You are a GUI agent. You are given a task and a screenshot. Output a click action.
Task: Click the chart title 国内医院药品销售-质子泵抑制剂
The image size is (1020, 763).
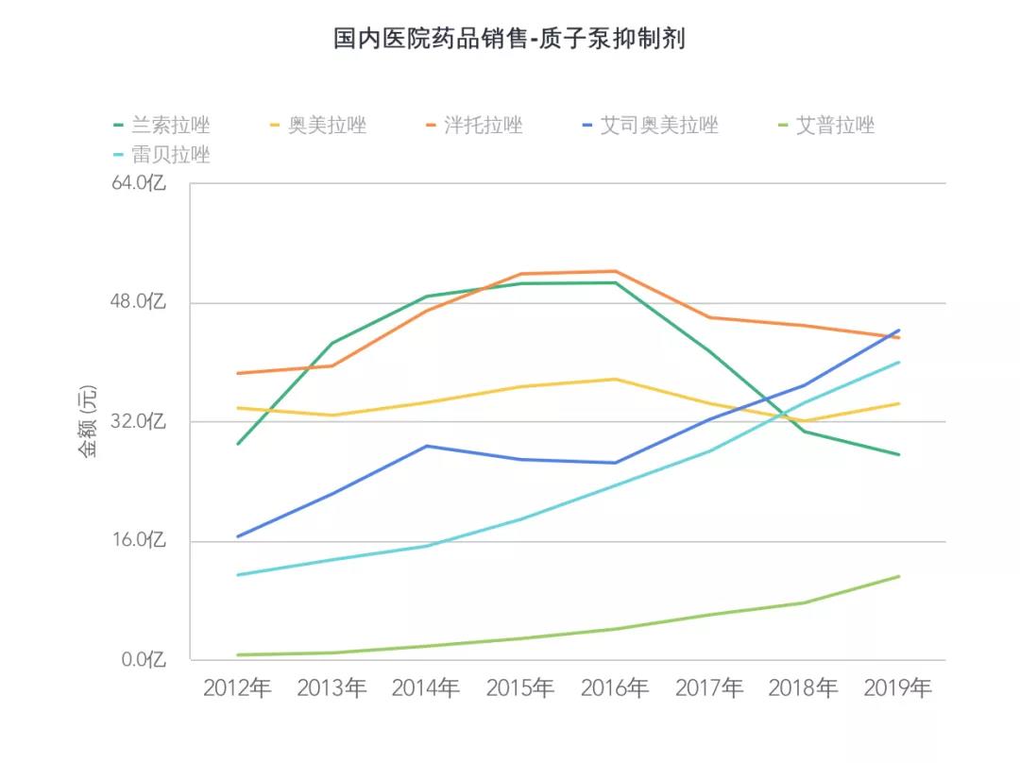pos(509,39)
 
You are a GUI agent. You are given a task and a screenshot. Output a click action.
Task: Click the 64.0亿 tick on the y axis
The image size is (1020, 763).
pos(138,183)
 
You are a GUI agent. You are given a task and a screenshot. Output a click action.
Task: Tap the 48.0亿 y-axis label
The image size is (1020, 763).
pos(138,302)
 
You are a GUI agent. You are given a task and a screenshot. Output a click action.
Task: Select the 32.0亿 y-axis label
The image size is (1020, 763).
pos(138,421)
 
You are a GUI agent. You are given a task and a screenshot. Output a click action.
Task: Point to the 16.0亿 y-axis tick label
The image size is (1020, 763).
pos(138,540)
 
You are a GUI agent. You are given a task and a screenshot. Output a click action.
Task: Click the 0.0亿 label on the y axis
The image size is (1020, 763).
pos(143,659)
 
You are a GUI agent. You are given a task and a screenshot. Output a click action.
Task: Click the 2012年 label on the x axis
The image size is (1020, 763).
pos(237,688)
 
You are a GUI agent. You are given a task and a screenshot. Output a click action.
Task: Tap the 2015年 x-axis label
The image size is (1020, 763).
pos(520,688)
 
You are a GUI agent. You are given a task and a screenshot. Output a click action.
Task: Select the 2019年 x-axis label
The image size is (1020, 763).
pos(898,688)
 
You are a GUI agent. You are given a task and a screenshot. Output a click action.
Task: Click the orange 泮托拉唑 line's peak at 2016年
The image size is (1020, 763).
pos(615,272)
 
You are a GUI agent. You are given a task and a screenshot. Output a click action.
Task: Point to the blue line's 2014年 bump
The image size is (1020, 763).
pos(426,446)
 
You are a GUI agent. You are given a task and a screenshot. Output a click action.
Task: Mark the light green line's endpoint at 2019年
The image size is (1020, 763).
pos(898,576)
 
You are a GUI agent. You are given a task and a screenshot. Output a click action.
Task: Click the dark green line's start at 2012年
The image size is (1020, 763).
pos(237,444)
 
